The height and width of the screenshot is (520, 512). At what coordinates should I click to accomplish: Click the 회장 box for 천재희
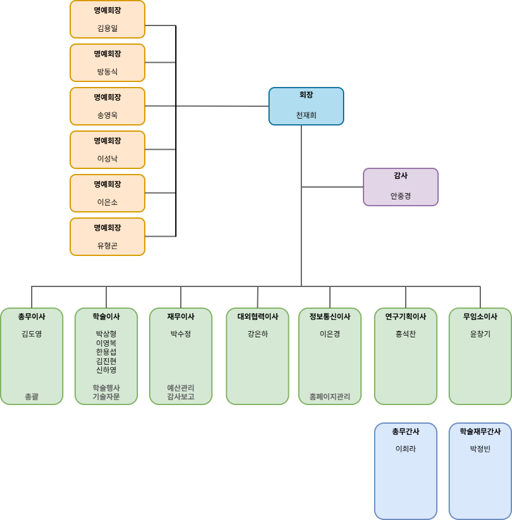pos(306,106)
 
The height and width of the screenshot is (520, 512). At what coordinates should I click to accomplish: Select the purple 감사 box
pos(400,187)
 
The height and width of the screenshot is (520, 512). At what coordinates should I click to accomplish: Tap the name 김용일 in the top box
pos(107,28)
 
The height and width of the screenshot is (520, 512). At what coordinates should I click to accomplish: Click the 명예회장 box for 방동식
pos(107,63)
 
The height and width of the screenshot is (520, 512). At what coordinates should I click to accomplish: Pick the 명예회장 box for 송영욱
pos(107,106)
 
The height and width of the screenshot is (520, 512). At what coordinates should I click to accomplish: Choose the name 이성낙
pos(107,158)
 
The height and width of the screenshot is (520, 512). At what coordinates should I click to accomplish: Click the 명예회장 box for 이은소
pos(107,193)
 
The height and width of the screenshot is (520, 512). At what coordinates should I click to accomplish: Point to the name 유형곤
pos(107,245)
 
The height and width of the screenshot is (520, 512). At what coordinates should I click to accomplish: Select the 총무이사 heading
pos(31,316)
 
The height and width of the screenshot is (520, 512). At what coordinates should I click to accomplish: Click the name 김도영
pos(31,334)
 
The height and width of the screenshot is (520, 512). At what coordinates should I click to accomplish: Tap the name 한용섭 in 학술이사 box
pos(106,352)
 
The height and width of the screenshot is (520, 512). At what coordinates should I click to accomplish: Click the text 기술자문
pos(106,396)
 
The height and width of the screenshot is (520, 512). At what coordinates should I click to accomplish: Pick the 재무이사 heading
pos(180,316)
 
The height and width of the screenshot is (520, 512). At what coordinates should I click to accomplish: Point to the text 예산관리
pos(180,388)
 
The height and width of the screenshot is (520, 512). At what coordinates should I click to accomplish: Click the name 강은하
pos(257,334)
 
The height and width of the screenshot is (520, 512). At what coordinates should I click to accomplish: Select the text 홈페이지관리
pos(329,396)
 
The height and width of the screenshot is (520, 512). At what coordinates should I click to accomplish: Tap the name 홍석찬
pos(405,334)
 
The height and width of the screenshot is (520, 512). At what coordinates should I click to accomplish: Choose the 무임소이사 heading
pos(480,316)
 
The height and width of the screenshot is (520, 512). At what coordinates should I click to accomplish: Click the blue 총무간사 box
pos(405,471)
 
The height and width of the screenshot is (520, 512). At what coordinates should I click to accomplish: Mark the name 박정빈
pos(480,449)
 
